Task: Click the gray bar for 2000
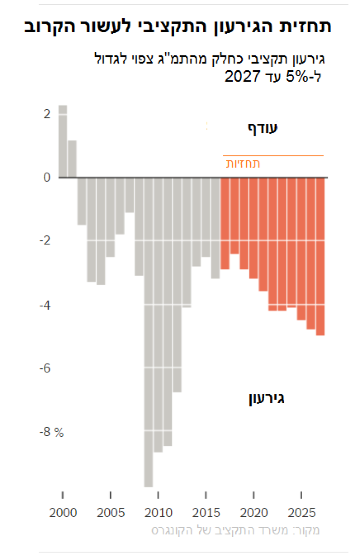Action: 63,142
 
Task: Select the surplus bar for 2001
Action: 72,159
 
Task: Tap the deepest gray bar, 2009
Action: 149,332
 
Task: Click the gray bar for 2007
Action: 129,195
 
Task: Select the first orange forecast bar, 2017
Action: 225,224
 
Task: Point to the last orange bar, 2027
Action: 321,257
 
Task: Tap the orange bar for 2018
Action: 234,216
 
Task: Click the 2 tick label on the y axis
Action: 47,114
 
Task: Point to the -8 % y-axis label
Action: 51,432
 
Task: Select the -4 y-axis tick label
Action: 45,305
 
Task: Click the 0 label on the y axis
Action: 47,178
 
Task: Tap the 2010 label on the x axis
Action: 158,511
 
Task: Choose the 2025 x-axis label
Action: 301,511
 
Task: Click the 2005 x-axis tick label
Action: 111,511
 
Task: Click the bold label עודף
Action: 263,128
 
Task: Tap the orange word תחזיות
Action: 244,164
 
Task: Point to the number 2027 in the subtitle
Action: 243,76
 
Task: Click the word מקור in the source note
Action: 309,531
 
